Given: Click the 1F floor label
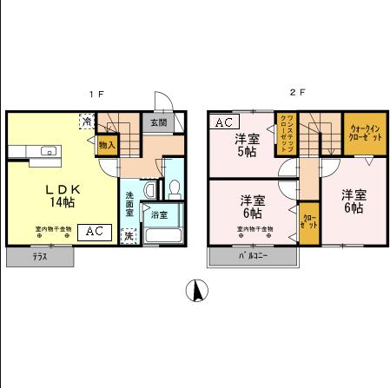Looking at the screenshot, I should click(100, 93).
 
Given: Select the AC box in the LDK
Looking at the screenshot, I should click(95, 233).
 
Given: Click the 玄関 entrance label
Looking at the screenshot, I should click(158, 123).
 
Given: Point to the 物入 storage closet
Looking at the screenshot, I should click(107, 145).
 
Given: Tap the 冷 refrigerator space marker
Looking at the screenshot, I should click(87, 122).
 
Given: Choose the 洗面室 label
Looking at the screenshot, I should click(130, 201).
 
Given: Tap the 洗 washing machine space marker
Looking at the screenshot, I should click(129, 236).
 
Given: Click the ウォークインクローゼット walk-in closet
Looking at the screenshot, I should click(364, 132).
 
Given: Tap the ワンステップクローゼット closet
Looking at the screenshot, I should click(286, 135).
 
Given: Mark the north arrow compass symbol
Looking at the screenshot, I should click(197, 293).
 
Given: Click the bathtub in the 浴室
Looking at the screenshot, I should click(162, 234).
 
